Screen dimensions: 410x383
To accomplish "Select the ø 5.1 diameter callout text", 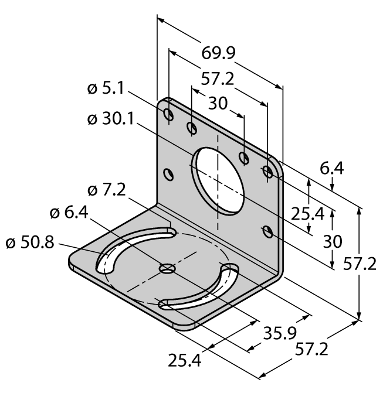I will (x=106, y=90).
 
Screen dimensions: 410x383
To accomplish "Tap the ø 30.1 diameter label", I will (x=110, y=119).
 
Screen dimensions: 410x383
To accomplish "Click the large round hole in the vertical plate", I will (x=219, y=181).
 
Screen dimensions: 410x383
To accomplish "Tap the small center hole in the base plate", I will (x=167, y=269).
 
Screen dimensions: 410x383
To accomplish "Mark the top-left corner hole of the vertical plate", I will (x=168, y=113).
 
